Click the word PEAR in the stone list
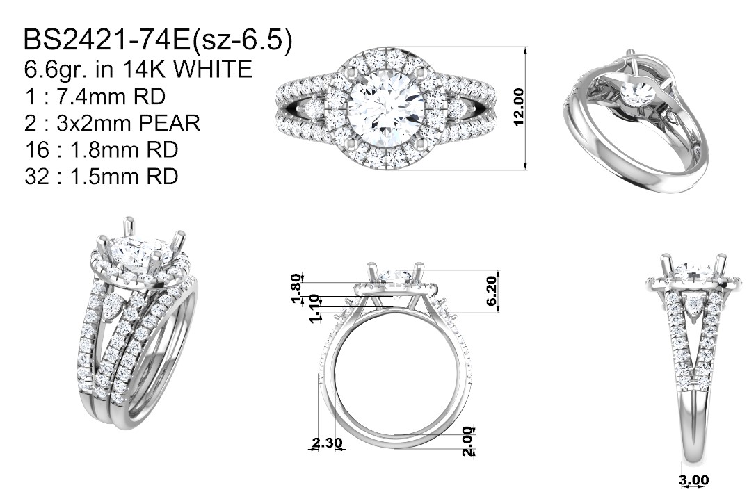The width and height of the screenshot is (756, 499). coord(169,123)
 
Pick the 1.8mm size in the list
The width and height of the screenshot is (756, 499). coord(100,150)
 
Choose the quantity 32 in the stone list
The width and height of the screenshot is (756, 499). coord(37,177)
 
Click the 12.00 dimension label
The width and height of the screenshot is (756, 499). coord(519,107)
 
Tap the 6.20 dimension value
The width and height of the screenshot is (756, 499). coord(491,291)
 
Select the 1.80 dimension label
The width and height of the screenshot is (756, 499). coord(296,288)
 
